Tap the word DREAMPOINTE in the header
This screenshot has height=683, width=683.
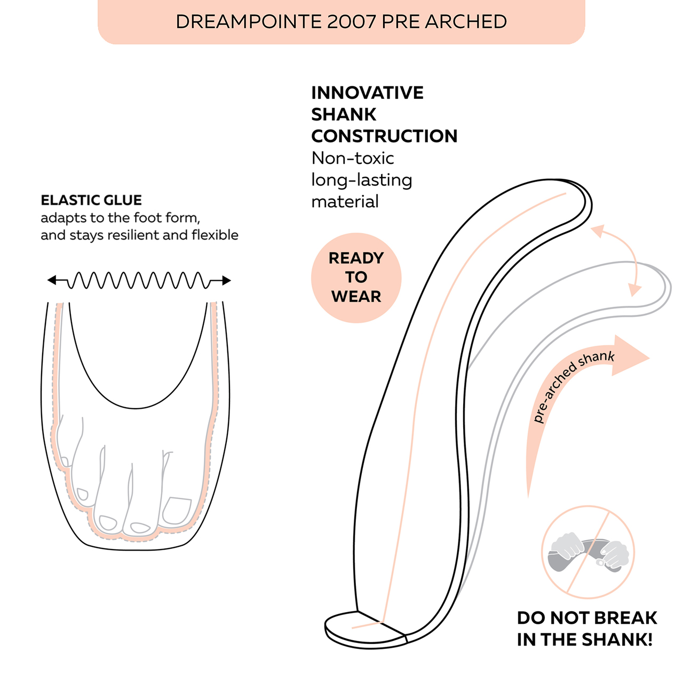249,22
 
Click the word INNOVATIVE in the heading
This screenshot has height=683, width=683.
367,93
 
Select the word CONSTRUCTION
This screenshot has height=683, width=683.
384,136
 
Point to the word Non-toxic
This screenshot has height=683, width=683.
353,158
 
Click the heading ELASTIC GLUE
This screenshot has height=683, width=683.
91,200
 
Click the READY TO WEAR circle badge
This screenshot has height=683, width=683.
356,277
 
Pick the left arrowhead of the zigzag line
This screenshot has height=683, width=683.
52,280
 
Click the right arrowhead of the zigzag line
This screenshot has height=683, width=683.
226,281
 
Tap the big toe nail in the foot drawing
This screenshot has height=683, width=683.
177,510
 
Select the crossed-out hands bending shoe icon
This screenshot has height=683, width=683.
588,552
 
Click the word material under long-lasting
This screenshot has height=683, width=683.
345,202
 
